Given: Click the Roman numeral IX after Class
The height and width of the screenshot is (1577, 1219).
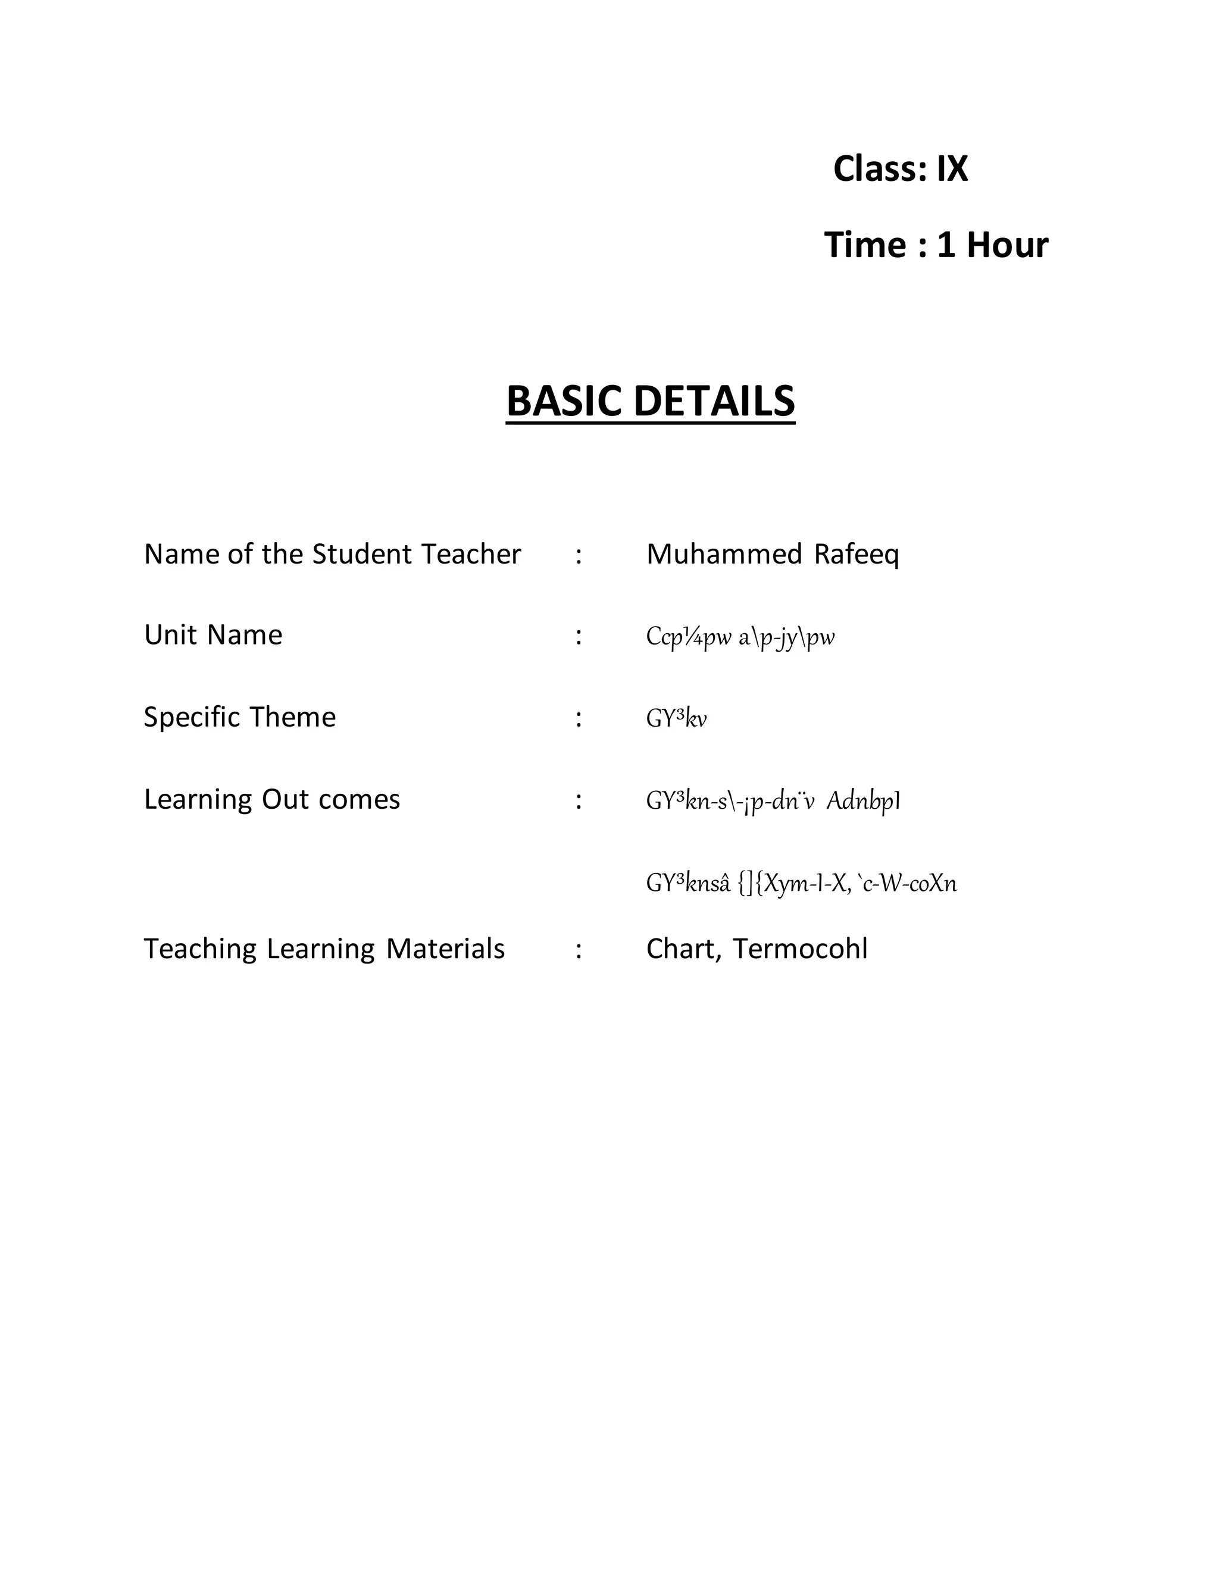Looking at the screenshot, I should point(952,169).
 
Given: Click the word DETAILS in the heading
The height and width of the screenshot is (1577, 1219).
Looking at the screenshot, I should point(714,402).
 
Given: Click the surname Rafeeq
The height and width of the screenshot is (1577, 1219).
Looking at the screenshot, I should point(857,555).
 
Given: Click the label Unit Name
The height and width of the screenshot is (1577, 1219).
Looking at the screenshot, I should point(213,636).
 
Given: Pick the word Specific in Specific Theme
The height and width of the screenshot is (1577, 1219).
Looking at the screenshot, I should point(192,718).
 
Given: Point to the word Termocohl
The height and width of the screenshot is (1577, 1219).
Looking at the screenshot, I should point(800,949).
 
